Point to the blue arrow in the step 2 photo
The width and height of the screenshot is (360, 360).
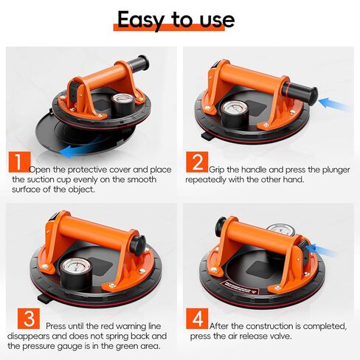(336, 103)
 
